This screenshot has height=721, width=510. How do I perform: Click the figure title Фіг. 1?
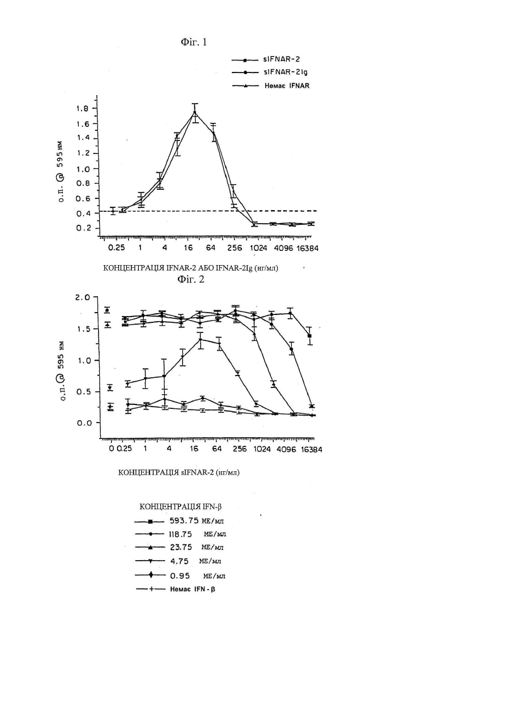193,42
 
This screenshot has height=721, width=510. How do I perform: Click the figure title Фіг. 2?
190,279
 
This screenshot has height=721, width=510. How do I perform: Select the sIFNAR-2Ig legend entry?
270,72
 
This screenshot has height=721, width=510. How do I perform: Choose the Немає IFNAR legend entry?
270,86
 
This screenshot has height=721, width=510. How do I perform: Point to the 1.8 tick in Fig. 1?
82,109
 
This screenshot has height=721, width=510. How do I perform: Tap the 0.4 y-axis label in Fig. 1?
82,214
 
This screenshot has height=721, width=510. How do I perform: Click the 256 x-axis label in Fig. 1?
235,248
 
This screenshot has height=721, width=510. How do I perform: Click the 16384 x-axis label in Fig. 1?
307,248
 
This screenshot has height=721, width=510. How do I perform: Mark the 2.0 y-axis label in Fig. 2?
83,297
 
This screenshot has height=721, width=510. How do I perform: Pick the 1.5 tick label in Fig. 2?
84,329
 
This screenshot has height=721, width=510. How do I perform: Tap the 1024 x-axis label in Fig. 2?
262,449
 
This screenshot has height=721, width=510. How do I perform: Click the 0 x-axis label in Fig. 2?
112,449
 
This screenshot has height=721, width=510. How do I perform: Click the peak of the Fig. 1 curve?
194,112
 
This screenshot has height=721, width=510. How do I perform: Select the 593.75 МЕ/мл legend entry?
179,521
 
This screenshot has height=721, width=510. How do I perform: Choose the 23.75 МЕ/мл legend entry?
179,548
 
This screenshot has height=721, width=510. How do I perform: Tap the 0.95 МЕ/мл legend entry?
180,576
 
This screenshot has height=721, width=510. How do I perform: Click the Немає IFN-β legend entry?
176,590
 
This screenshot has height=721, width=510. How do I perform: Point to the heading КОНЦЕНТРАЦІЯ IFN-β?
180,507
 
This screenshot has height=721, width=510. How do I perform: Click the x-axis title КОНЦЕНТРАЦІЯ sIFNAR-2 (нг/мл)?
178,472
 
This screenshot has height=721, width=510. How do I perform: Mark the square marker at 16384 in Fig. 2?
309,336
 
